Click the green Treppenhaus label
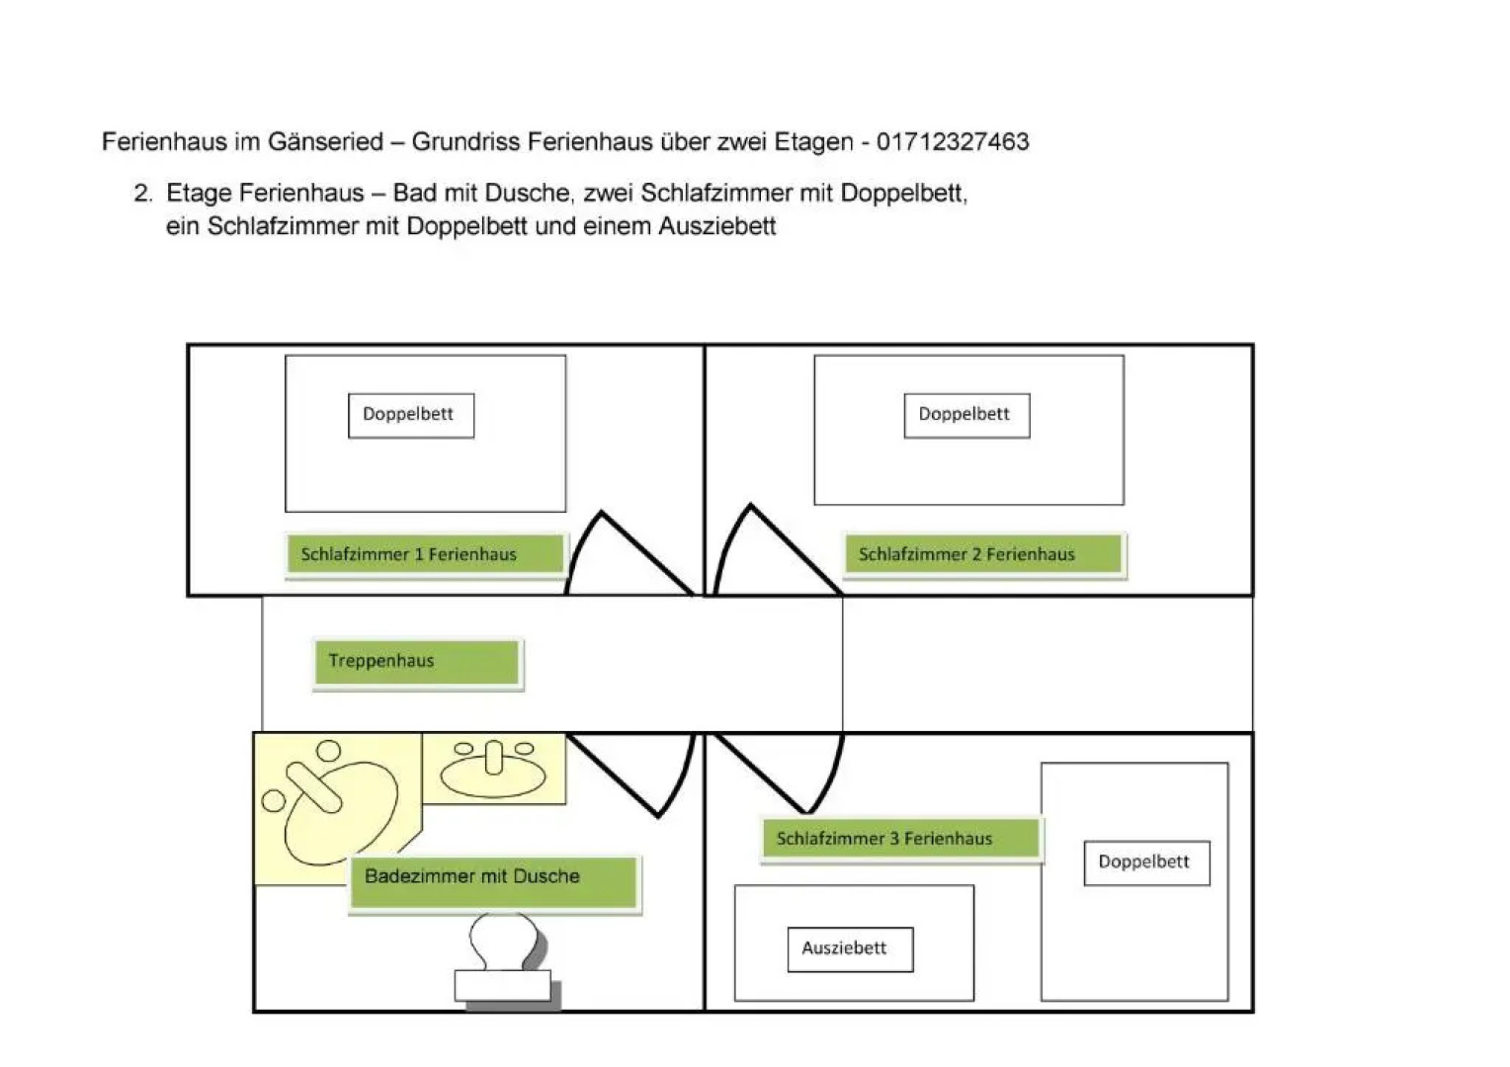[416, 662]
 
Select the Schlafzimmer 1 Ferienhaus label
[425, 554]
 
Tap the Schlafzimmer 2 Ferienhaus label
[983, 554]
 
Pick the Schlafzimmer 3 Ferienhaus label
[900, 839]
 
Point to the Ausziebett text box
[850, 948]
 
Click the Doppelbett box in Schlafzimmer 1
[410, 415]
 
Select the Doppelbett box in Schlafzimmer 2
[966, 415]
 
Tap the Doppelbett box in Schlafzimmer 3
[1146, 862]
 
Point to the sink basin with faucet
[493, 767]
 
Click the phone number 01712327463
[953, 142]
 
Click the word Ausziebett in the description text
[716, 226]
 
